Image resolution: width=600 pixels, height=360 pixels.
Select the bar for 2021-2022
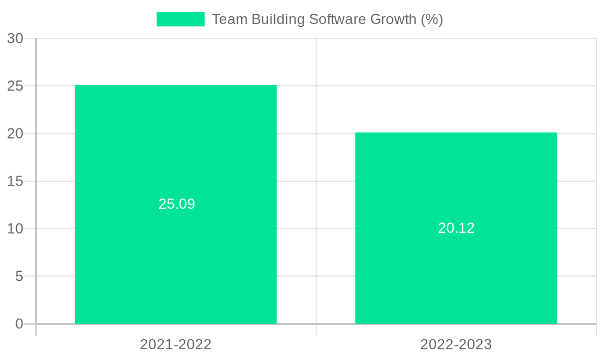(176, 150)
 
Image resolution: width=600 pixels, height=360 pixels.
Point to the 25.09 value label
(177, 204)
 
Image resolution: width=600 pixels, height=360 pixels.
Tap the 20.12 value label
(456, 228)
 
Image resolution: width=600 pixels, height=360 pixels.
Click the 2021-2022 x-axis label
(176, 344)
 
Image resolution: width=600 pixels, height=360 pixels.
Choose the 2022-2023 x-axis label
(456, 344)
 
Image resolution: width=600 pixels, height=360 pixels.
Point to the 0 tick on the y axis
(19, 324)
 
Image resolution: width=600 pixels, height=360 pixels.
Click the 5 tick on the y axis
(19, 277)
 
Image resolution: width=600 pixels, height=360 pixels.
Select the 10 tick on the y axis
(16, 229)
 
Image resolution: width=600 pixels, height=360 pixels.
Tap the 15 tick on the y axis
(16, 181)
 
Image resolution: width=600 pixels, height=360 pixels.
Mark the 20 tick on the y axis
(16, 134)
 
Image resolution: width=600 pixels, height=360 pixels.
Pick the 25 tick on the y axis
(16, 86)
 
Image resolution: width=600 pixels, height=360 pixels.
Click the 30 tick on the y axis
(16, 38)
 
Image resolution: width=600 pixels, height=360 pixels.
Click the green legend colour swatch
(180, 19)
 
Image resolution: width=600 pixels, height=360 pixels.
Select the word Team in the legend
(229, 19)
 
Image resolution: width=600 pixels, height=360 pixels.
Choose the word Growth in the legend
(393, 19)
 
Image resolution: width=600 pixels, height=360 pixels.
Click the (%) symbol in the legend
(431, 19)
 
